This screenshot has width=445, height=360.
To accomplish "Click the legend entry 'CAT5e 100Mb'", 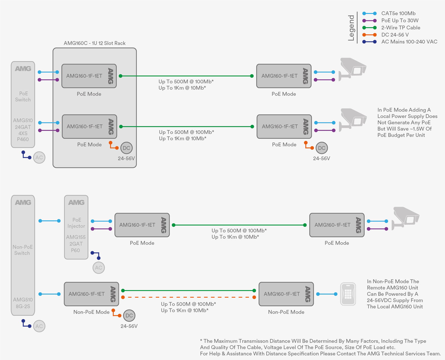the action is pyautogui.click(x=398, y=13).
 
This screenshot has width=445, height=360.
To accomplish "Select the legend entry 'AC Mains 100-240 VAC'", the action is pyautogui.click(x=409, y=42).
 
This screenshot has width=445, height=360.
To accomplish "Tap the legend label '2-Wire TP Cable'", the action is pyautogui.click(x=400, y=28).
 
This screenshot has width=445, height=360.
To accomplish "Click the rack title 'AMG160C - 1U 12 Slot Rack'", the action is pyautogui.click(x=95, y=43).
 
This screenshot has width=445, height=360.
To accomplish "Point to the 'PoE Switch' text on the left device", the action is pyautogui.click(x=23, y=96).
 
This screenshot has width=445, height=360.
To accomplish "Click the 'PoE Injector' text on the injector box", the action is pyautogui.click(x=76, y=223).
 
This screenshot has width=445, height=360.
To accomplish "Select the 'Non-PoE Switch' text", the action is pyautogui.click(x=23, y=250).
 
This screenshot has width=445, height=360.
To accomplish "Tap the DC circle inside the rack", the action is pyautogui.click(x=126, y=148).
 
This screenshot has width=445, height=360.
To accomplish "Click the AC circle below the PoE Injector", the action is pyautogui.click(x=99, y=268).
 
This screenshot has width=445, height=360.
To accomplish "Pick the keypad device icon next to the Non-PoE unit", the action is pyautogui.click(x=348, y=294).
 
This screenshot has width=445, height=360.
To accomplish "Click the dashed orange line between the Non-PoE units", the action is pyautogui.click(x=189, y=297).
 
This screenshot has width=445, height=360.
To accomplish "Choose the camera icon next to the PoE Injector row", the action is pyautogui.click(x=405, y=219).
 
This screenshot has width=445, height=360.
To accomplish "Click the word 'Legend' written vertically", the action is pyautogui.click(x=351, y=28).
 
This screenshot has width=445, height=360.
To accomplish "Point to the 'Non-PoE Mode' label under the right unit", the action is pyautogui.click(x=286, y=312).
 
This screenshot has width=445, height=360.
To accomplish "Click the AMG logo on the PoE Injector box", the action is pyautogui.click(x=76, y=202).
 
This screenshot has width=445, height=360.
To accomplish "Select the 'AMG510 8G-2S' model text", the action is pyautogui.click(x=23, y=303).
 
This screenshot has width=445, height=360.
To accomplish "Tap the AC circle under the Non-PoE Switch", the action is pyautogui.click(x=39, y=326).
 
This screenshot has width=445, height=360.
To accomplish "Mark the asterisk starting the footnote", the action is pyautogui.click(x=201, y=340).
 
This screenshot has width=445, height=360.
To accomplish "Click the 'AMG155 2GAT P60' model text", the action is pyautogui.click(x=76, y=244).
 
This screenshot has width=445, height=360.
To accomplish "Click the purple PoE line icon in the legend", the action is pyautogui.click(x=369, y=21).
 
